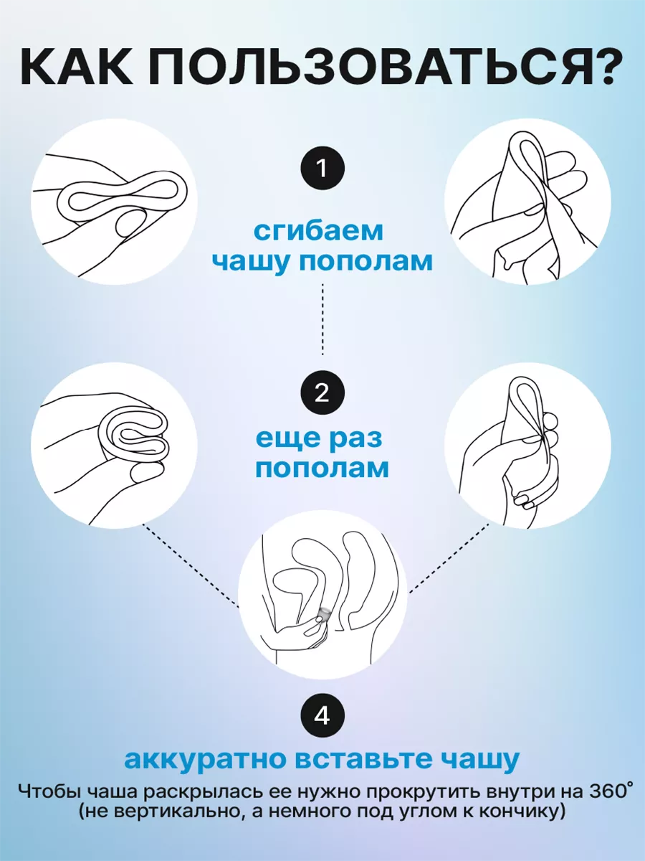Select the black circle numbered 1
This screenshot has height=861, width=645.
pyautogui.click(x=322, y=169)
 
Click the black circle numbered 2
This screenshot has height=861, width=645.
pyautogui.click(x=322, y=393)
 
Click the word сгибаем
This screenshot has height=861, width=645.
pyautogui.click(x=318, y=232)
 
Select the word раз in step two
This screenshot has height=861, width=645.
pyautogui.click(x=357, y=439)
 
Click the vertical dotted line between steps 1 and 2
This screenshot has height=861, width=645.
pyautogui.click(x=322, y=319)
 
